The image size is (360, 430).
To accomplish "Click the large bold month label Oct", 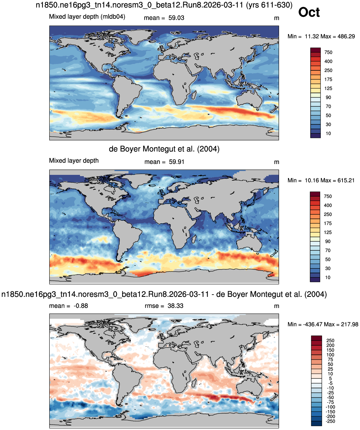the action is [x=309, y=12].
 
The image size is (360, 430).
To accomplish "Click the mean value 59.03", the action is [x=176, y=18].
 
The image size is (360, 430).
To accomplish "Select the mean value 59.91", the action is [x=176, y=162].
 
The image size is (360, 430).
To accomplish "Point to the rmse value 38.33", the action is [x=175, y=306].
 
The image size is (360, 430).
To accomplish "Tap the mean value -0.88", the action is [x=81, y=306].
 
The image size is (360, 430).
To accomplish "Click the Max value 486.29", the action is [x=346, y=36].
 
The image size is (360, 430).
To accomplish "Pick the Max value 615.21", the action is [x=346, y=180].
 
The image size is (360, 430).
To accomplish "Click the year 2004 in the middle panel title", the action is [x=208, y=149].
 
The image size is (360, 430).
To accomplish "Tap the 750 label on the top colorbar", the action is [x=328, y=52].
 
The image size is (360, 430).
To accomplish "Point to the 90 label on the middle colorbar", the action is [x=328, y=241].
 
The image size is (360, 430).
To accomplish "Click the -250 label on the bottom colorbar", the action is [x=330, y=421].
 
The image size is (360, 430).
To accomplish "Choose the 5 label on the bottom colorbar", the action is [x=330, y=378].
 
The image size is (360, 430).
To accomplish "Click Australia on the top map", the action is [x=249, y=99].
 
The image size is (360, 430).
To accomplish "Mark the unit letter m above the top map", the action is [x=277, y=18].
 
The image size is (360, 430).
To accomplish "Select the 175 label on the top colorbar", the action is [x=328, y=79].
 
